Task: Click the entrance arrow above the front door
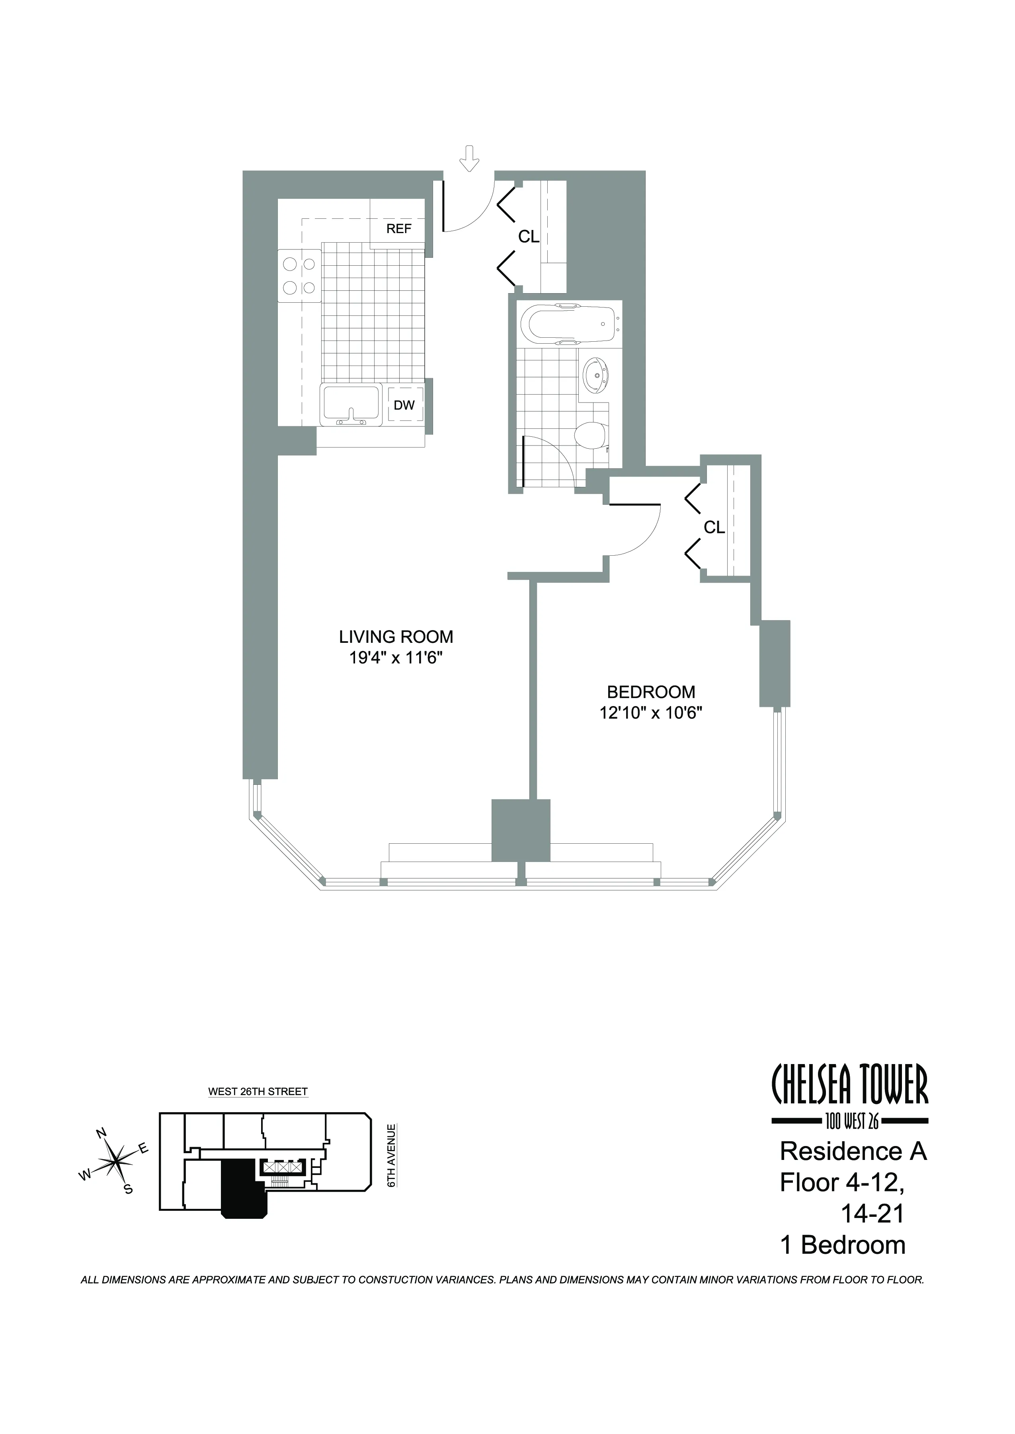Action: pyautogui.click(x=469, y=159)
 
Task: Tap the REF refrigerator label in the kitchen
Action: pyautogui.click(x=399, y=229)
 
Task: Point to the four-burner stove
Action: pyautogui.click(x=299, y=276)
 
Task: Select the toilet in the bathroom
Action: pyautogui.click(x=591, y=435)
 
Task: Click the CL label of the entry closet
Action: pyautogui.click(x=529, y=237)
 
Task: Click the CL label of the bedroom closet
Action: pyautogui.click(x=714, y=528)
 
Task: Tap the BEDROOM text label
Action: pyautogui.click(x=651, y=692)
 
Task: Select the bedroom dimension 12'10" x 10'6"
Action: pyautogui.click(x=651, y=713)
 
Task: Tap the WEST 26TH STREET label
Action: pyautogui.click(x=258, y=1092)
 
